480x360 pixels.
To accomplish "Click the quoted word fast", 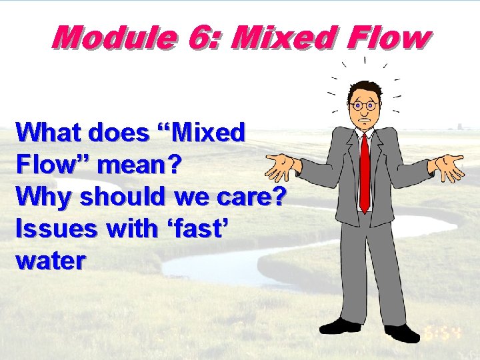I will pyautogui.click(x=193, y=228).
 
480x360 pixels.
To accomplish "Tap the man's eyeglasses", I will pyautogui.click(x=364, y=105).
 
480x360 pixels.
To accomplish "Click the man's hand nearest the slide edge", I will pyautogui.click(x=448, y=166).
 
